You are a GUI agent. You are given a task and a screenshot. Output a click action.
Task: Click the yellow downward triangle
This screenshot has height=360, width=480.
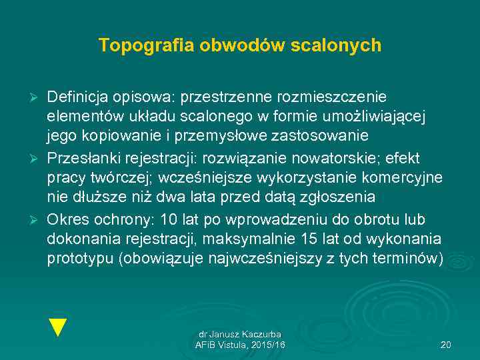(59, 327)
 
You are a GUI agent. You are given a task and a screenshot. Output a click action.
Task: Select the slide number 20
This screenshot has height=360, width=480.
(446, 345)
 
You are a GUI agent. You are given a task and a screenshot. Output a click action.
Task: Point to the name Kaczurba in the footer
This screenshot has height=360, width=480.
(262, 334)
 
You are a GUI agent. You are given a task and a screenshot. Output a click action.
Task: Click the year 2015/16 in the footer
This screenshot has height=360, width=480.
(270, 345)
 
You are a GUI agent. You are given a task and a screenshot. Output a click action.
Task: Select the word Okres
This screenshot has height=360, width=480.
(66, 221)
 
